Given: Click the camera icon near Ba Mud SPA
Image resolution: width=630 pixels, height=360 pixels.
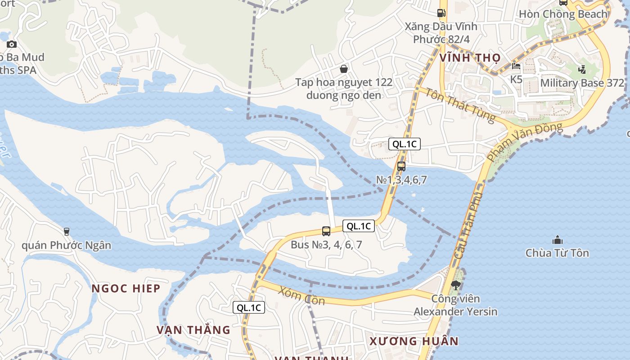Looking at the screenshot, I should [12, 44].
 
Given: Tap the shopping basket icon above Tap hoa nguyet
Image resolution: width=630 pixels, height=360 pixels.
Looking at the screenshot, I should [344, 69].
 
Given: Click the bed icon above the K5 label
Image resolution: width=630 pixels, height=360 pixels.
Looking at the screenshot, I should [516, 66].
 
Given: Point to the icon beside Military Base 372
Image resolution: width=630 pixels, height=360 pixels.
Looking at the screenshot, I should [582, 69].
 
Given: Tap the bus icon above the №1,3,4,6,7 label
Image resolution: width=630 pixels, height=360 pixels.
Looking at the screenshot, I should [401, 166].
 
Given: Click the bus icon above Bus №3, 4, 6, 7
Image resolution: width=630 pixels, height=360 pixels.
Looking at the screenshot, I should [326, 231].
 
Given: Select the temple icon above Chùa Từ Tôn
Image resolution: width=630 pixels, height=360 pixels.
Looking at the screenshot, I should [558, 240].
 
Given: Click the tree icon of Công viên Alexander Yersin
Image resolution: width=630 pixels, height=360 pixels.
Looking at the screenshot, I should [455, 285].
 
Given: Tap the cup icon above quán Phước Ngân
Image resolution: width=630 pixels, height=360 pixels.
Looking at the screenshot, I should [67, 232].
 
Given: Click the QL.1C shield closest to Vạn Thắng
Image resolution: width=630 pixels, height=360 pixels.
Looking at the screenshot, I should [249, 308].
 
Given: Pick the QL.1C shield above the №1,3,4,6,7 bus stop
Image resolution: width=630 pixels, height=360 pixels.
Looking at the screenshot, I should [405, 144].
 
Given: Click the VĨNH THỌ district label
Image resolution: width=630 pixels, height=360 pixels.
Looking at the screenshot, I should [470, 58].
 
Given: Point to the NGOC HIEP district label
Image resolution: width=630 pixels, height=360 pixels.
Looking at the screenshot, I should [126, 288].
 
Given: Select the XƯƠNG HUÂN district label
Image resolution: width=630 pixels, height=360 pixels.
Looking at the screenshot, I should [414, 341].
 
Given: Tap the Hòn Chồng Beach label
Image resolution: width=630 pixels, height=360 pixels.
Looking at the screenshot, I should [563, 14].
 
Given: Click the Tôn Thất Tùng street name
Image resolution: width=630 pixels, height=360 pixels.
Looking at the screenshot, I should [460, 106].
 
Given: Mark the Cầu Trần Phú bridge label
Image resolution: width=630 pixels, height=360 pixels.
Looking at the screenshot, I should [468, 225].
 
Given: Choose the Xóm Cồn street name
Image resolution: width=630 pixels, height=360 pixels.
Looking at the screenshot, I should [301, 296].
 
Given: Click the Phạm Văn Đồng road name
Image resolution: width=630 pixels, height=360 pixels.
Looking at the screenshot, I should [524, 142].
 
